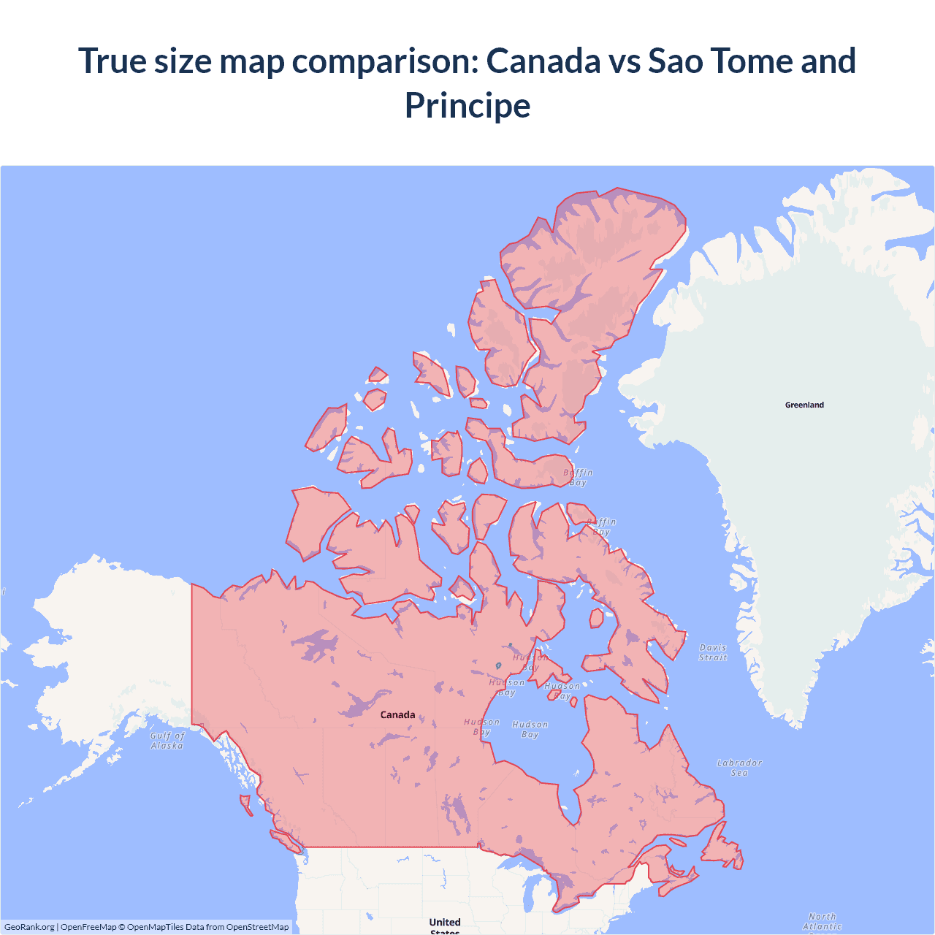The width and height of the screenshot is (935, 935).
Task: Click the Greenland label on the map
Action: (x=804, y=405)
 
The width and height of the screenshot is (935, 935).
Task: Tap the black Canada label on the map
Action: (x=397, y=714)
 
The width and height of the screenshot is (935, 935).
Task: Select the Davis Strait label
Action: (x=713, y=652)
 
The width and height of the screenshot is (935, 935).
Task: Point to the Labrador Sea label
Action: (x=739, y=768)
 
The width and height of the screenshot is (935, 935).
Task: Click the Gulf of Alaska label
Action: (x=167, y=741)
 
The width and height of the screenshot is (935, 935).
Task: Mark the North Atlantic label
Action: (x=823, y=921)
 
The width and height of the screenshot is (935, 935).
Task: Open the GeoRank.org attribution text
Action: (x=29, y=927)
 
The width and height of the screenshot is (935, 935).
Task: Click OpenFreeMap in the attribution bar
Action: (x=88, y=927)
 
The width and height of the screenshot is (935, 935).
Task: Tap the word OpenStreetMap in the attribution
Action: (x=257, y=927)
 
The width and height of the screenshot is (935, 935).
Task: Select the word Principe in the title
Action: (x=467, y=105)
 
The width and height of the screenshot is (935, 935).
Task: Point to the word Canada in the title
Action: (x=543, y=61)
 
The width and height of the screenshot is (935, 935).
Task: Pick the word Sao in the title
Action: (x=675, y=61)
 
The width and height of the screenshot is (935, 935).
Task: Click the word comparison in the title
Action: (x=385, y=61)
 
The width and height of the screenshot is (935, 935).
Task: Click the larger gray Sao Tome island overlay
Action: (x=498, y=665)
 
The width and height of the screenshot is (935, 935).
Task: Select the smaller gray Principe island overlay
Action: (x=510, y=645)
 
